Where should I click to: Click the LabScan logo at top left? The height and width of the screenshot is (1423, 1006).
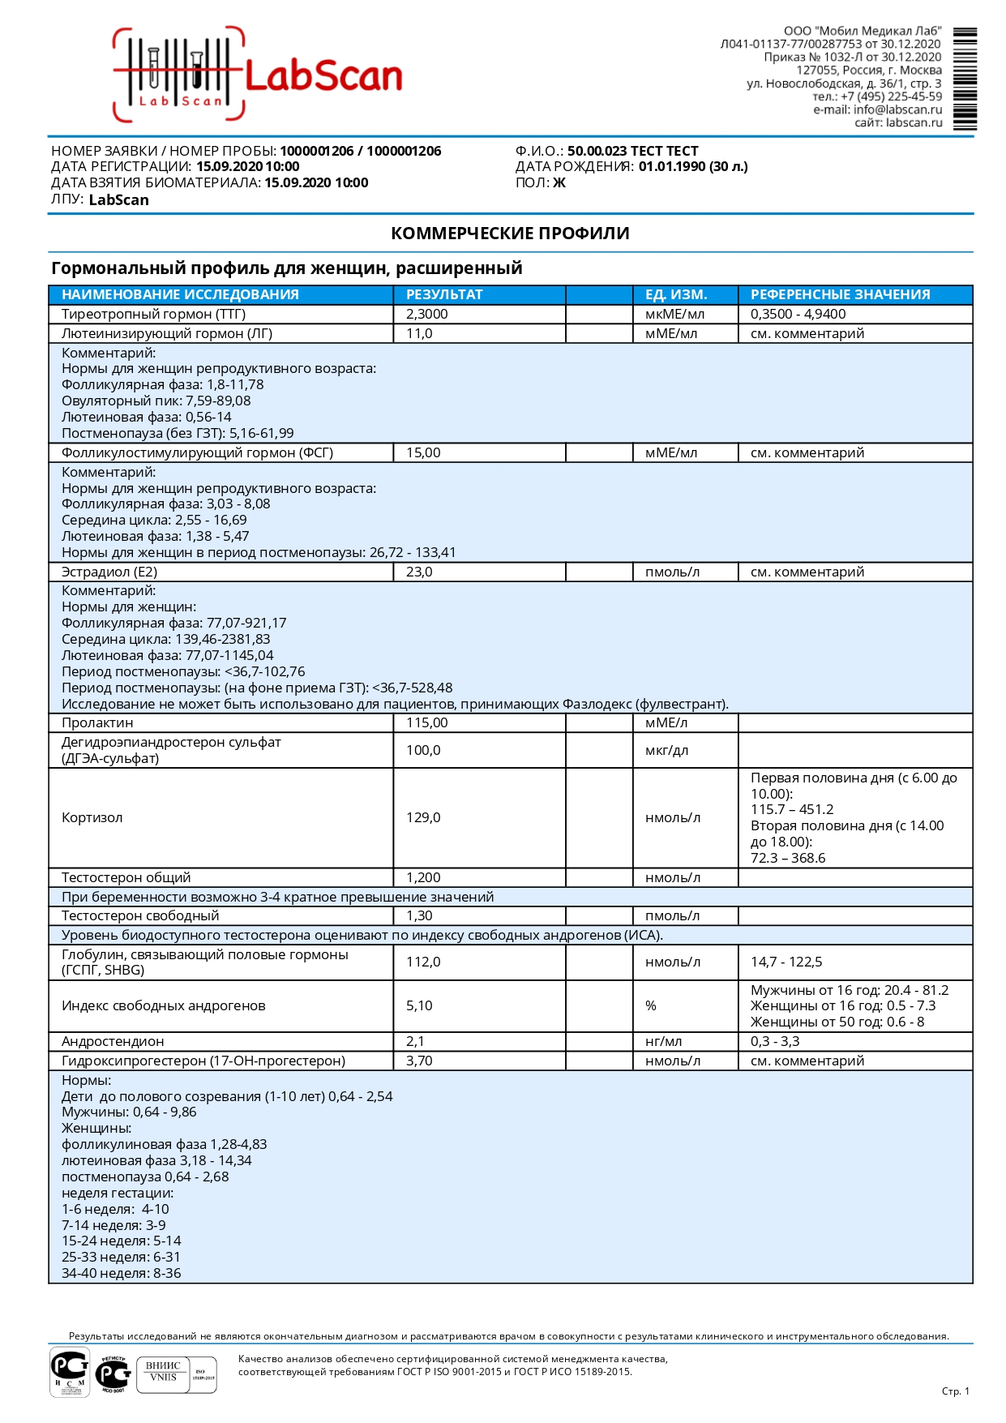coord(258,75)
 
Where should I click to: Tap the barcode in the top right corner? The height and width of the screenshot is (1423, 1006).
coord(965,79)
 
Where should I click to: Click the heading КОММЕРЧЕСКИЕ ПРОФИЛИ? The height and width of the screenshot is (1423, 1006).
coord(510,234)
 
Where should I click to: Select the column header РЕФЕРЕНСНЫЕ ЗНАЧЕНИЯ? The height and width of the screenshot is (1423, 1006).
coord(840,294)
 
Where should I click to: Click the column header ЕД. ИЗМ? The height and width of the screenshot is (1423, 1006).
coord(676,294)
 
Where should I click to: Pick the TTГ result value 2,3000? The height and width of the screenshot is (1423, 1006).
coord(427,314)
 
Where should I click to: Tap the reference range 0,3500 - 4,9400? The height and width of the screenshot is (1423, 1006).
coord(798,314)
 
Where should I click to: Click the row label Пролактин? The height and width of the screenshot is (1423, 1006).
coord(97,722)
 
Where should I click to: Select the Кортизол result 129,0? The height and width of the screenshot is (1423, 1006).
coord(423,817)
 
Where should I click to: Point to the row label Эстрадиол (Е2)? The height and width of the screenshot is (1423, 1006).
coord(109,572)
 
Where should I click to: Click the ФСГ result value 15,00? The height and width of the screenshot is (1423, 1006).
coord(423,452)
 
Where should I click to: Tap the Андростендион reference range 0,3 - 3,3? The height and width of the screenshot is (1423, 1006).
coord(775,1041)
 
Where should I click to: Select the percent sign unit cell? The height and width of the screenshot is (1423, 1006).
coord(651,1005)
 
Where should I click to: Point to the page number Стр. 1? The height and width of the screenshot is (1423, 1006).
coord(955,1391)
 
